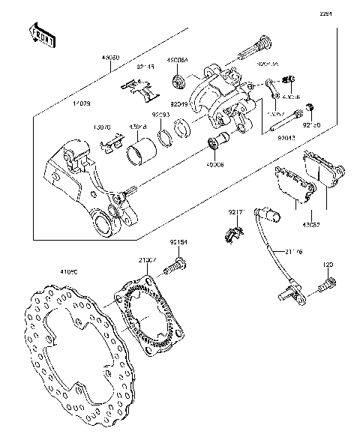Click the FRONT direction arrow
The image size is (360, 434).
[42, 34]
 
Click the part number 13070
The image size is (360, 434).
[103, 127]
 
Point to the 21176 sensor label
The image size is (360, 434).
[294, 252]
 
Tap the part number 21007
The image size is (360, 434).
[146, 259]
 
